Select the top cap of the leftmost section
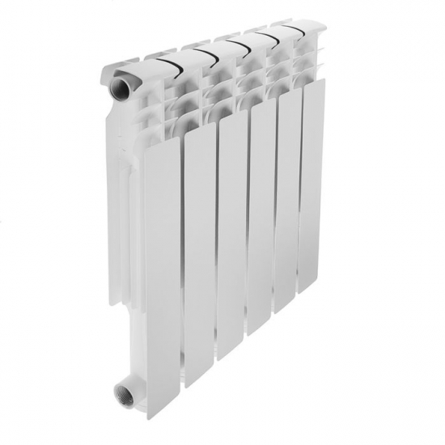pyautogui.click(x=133, y=69)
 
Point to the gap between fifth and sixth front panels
pyautogui.click(x=297, y=218)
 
